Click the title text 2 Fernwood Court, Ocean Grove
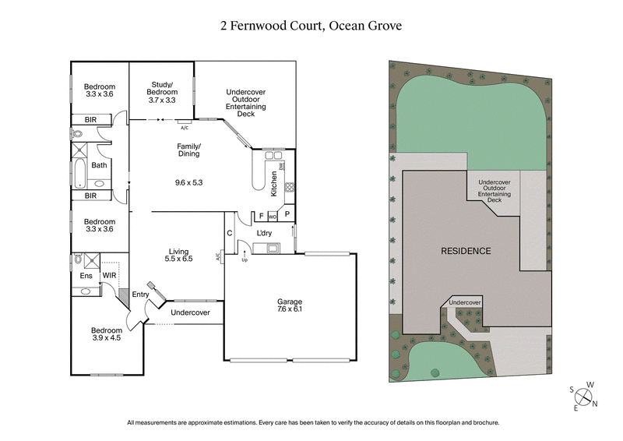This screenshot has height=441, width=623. tap(311, 26)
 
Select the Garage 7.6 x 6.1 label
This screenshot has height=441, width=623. tap(290, 305)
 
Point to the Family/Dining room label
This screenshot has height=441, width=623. tap(189, 150)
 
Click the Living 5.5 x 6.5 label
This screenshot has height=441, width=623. tap(180, 255)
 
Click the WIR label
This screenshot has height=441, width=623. tap(109, 275)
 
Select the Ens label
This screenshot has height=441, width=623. tap(86, 275)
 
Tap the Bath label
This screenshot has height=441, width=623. tap(99, 165)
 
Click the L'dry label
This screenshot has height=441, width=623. tap(264, 233)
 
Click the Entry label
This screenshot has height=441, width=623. tap(140, 294)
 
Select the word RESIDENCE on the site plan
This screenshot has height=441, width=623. tap(466, 251)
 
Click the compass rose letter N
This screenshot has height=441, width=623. tap(595, 404)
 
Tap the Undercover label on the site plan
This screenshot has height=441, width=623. tap(466, 302)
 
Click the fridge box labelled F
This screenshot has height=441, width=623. tap(260, 215)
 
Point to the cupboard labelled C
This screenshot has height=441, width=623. tap(230, 232)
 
